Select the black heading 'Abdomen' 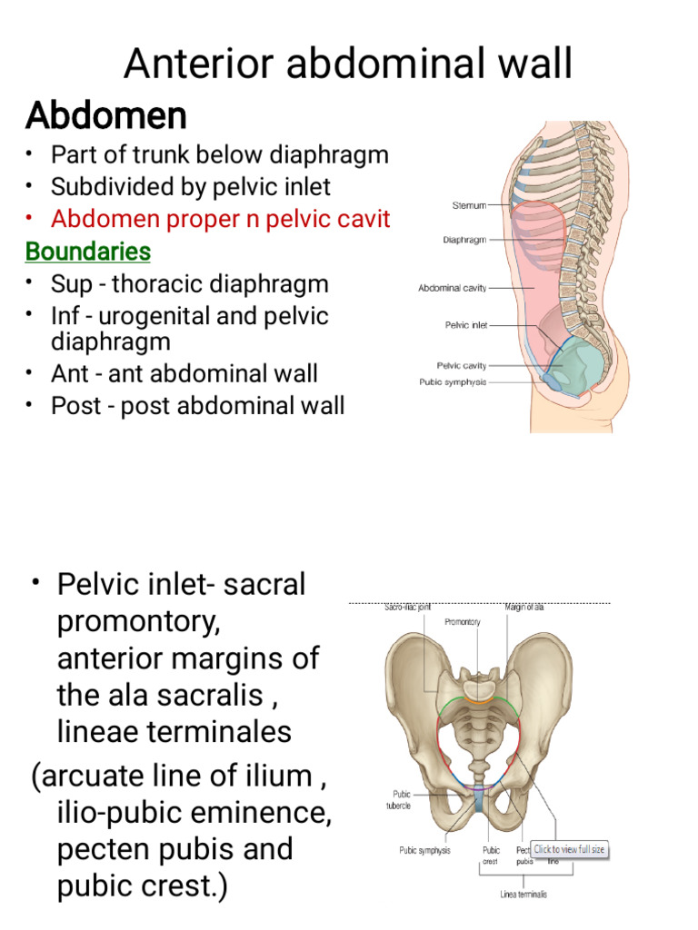click(106, 116)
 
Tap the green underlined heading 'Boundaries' click(88, 251)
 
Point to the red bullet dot click(29, 219)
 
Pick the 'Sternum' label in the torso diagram click(469, 206)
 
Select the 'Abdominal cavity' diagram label click(452, 288)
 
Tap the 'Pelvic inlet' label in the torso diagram click(464, 324)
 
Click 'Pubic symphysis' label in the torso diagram click(453, 382)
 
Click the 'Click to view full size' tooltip click(569, 850)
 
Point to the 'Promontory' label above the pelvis click(462, 622)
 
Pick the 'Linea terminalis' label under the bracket click(523, 895)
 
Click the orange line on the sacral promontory click(475, 701)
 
